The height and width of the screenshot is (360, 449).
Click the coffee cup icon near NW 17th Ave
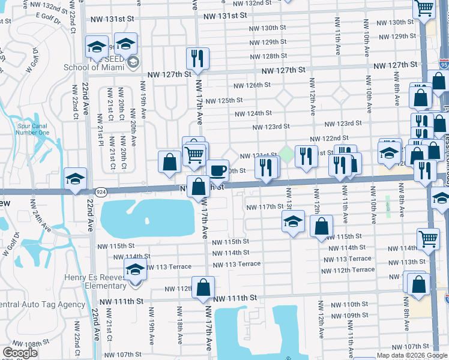pos(218,170)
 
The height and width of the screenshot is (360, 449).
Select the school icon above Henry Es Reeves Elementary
pos(135,270)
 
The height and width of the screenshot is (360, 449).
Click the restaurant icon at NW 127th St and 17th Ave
pos(197,58)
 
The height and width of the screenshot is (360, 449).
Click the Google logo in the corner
pos(20,352)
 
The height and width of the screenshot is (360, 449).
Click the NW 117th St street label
pos(265,206)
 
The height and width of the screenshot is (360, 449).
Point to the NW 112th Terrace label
pos(355,269)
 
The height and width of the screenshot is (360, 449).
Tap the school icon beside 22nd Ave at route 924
pos(75,179)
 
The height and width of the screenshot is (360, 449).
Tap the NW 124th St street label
pos(253,113)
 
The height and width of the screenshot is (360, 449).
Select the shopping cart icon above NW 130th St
pos(424,8)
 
